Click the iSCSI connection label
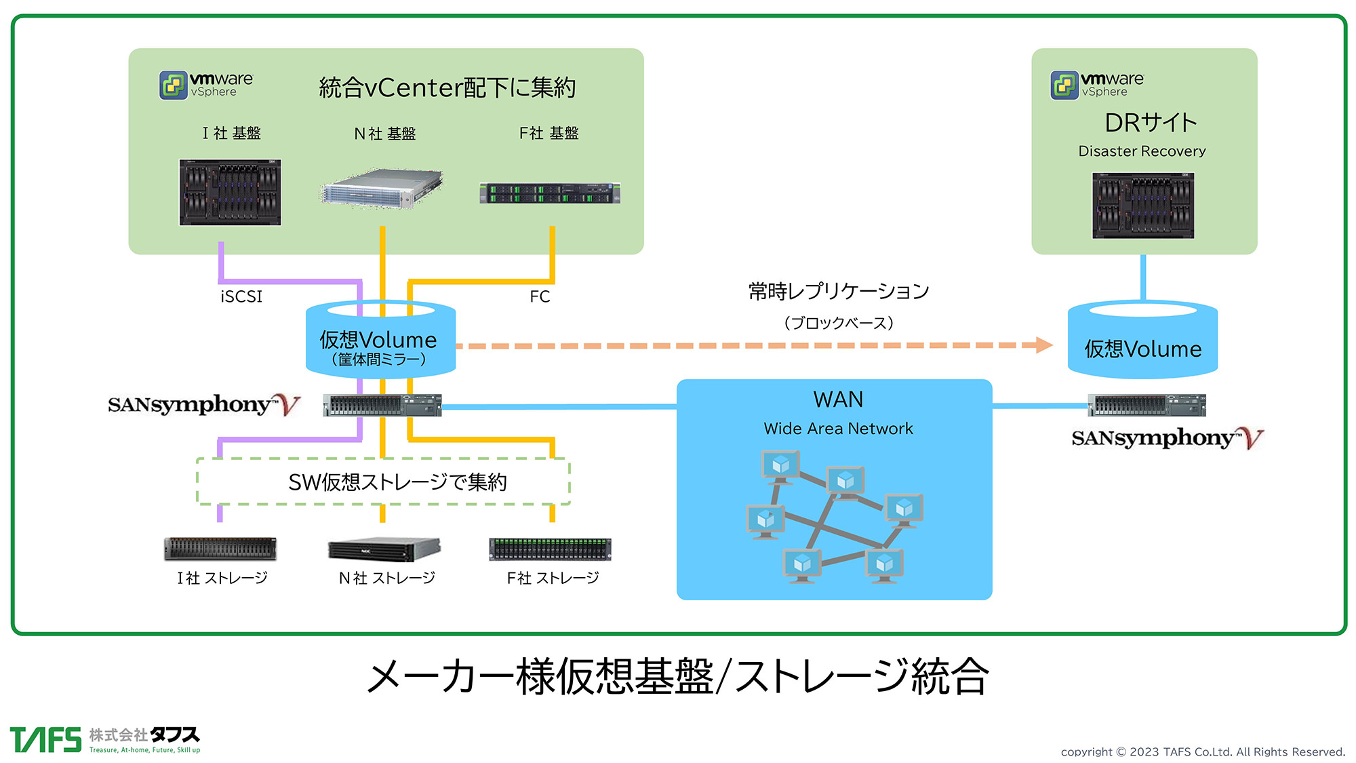coord(241,296)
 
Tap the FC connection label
coord(540,296)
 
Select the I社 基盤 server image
coord(230,192)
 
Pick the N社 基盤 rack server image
coord(382,188)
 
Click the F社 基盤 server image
coord(549,193)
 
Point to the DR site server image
coord(1143,205)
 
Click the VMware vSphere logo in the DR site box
coord(1097,85)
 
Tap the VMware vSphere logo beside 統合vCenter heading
coord(206,85)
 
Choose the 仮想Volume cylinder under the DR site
coord(1142,342)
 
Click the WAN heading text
coord(838,399)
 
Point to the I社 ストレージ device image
coord(220,549)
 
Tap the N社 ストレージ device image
coord(384,549)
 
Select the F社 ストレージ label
coord(553,578)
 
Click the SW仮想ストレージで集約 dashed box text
coord(397,482)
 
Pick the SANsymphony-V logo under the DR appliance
coord(1167,438)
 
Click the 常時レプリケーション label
coord(839,291)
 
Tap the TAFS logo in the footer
coord(105,740)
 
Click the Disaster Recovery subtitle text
coord(1142,151)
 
